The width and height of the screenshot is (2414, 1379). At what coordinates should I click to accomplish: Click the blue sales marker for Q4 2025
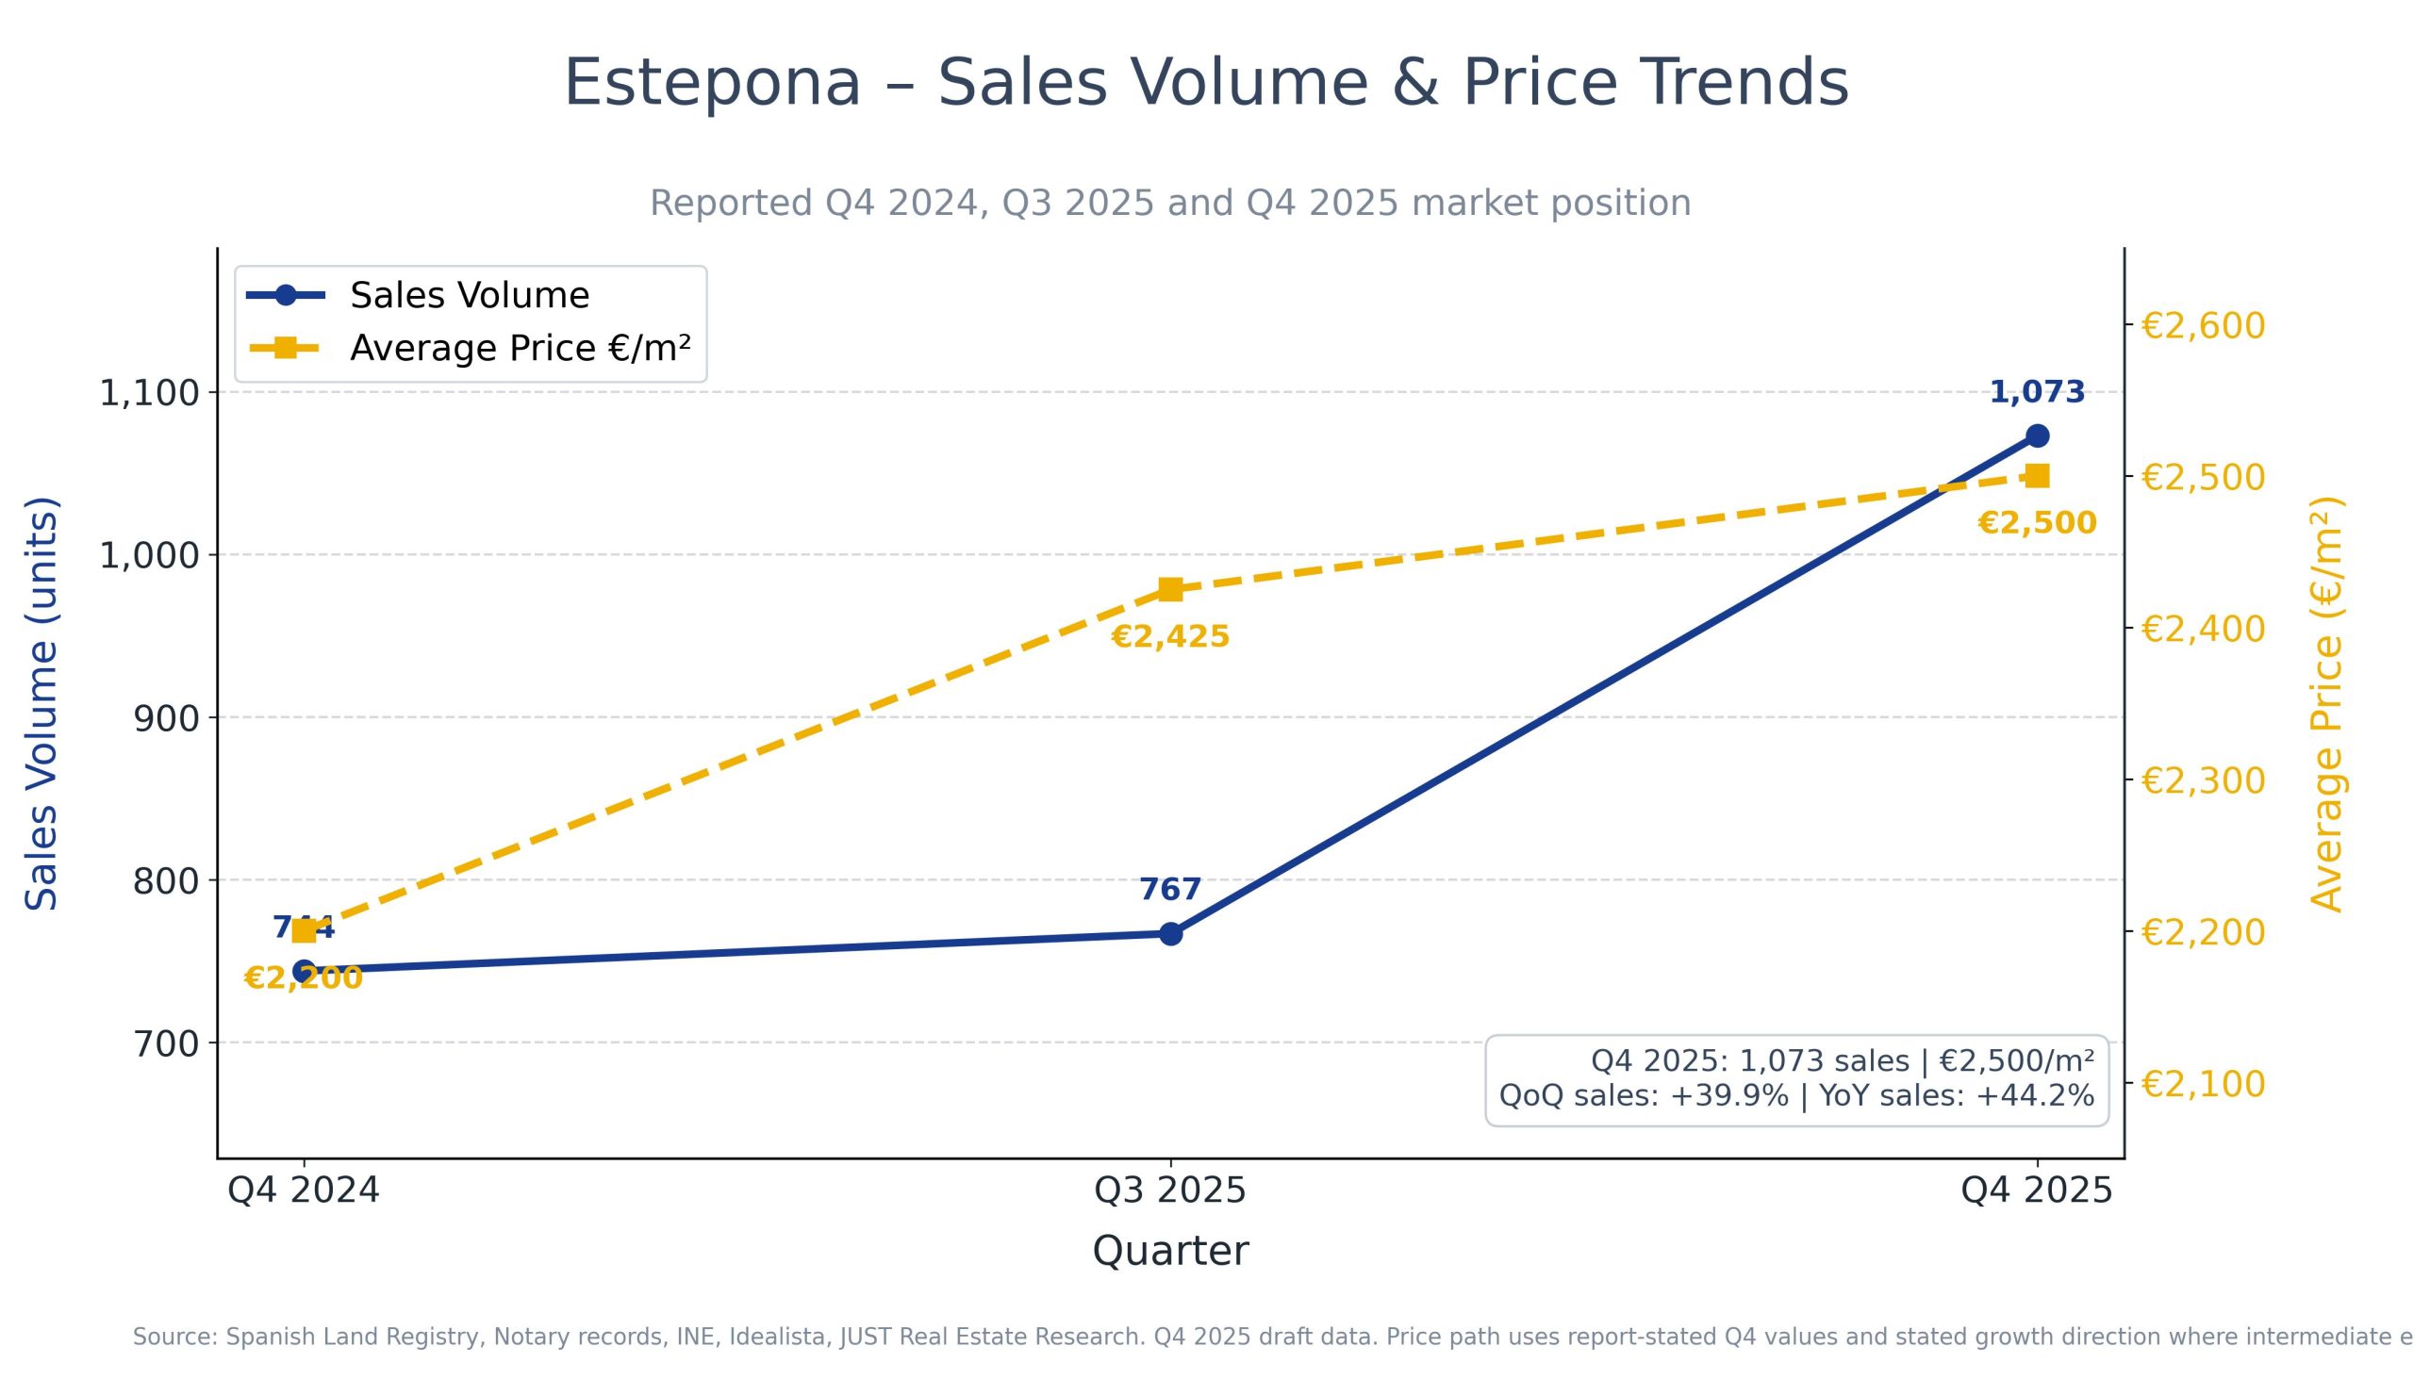tap(2037, 435)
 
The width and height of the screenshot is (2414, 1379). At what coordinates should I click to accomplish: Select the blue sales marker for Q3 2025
tap(1170, 934)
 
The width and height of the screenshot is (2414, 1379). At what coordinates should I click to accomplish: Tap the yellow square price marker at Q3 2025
tap(1170, 590)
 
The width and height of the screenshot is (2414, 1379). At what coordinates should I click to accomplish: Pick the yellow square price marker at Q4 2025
tap(2037, 476)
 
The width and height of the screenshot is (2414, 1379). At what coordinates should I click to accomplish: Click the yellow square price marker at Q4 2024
tap(305, 931)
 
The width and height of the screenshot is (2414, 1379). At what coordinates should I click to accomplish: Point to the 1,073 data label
tap(2037, 392)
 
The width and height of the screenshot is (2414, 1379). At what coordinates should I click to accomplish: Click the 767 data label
tap(1170, 890)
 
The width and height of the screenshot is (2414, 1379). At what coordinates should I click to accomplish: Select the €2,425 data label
tap(1170, 636)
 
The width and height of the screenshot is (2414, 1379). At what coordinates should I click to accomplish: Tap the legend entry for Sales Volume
tap(469, 296)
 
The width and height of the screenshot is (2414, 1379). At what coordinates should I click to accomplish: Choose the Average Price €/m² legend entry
tap(520, 349)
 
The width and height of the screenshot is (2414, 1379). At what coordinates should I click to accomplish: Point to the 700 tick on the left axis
tap(166, 1043)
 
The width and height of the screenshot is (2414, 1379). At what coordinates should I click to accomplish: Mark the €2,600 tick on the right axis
tap(2203, 326)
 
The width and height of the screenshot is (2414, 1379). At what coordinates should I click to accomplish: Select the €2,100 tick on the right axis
tap(2203, 1084)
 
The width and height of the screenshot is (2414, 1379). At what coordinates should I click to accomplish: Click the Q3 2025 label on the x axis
tap(1170, 1190)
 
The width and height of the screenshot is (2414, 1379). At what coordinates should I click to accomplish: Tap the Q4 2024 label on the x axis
tap(305, 1190)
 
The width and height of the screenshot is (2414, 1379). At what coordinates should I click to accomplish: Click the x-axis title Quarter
tap(1170, 1251)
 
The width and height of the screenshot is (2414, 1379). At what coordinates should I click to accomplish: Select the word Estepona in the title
tap(713, 83)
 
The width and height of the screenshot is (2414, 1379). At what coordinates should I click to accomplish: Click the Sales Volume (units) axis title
tap(41, 703)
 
